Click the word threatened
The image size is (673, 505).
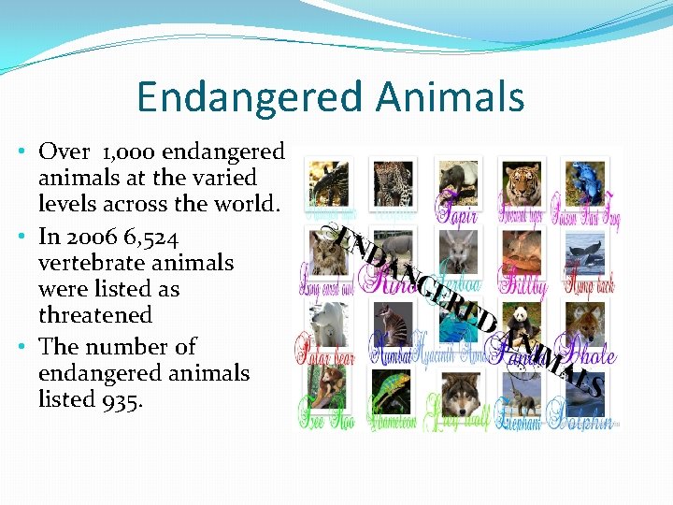[x=94, y=316]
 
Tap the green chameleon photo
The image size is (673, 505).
[x=393, y=391]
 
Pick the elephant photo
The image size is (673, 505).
[x=523, y=391]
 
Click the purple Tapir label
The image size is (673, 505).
[x=458, y=217]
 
